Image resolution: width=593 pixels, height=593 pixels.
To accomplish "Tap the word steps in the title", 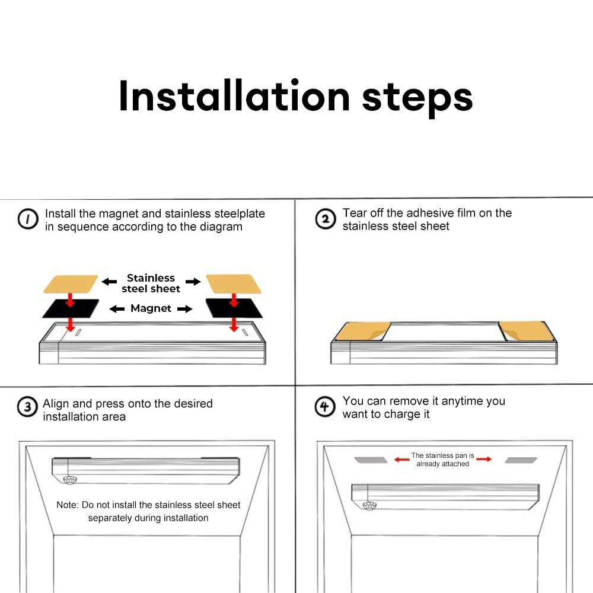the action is [x=417, y=99].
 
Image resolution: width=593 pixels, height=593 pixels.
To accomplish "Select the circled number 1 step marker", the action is [x=28, y=219].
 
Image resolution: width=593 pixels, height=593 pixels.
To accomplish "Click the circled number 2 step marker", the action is [x=325, y=219].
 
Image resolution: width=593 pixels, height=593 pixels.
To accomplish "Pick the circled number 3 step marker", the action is [x=28, y=407].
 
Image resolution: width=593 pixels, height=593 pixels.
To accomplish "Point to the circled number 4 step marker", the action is [x=325, y=407].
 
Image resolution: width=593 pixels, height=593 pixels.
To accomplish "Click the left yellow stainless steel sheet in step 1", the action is [x=71, y=284].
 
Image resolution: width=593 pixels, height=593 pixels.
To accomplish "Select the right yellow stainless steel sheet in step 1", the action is [x=233, y=284].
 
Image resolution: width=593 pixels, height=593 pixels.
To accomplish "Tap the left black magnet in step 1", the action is [x=71, y=308].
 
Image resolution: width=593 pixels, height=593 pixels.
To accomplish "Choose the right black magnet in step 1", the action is [x=234, y=308].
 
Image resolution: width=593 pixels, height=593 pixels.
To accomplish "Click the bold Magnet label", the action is [x=151, y=308].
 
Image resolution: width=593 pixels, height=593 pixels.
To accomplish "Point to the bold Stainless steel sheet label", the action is [x=151, y=283].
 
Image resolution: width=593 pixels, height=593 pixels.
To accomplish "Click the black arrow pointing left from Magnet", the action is [x=117, y=309].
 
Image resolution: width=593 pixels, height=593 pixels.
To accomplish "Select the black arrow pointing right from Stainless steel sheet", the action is [x=193, y=281].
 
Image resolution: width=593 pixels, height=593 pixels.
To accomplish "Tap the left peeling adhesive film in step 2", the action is [x=363, y=331].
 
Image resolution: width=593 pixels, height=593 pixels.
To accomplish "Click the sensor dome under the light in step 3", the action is [x=69, y=480].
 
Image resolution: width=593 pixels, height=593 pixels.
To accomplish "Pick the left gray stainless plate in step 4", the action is [x=371, y=460].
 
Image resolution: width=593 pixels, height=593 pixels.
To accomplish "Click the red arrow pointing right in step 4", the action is [x=484, y=459].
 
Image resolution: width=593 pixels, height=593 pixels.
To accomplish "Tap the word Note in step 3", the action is [x=67, y=505].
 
